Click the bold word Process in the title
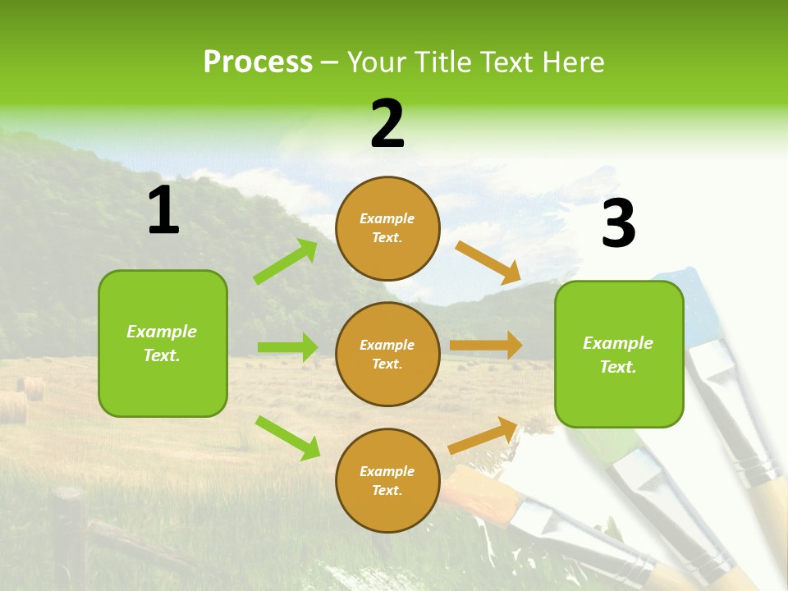(258, 62)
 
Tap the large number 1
(163, 211)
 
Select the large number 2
(387, 125)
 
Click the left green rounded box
(163, 343)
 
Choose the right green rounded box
(619, 354)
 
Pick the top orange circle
(387, 228)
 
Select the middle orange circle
(387, 354)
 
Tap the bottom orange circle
(387, 480)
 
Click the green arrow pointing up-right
(286, 262)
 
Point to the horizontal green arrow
(287, 347)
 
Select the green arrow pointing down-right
(287, 438)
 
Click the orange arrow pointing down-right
(488, 263)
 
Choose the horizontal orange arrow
(485, 346)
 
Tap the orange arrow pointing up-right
(483, 435)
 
